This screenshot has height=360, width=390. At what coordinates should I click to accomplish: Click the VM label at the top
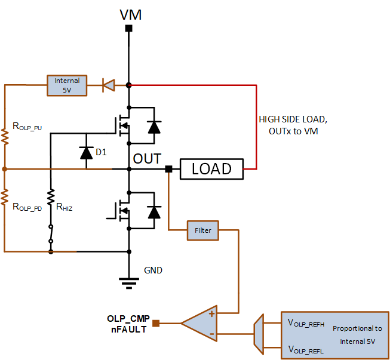(131, 15)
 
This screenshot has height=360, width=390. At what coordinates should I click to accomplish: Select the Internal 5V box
(67, 85)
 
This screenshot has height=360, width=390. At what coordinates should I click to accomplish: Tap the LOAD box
(211, 169)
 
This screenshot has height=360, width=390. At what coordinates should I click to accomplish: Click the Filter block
(202, 230)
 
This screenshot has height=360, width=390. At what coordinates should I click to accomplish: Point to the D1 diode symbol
(87, 153)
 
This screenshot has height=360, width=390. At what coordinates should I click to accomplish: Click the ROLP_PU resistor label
(27, 127)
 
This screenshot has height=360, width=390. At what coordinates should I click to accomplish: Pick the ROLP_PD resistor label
(27, 207)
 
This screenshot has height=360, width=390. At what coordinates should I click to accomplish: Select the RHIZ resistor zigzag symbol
(51, 197)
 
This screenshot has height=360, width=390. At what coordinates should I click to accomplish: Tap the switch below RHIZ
(51, 233)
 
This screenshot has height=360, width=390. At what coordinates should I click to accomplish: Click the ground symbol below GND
(129, 283)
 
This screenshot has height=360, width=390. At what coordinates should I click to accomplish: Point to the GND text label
(153, 270)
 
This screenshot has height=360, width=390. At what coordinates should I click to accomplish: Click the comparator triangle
(199, 323)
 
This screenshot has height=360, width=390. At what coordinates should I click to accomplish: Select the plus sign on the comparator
(211, 314)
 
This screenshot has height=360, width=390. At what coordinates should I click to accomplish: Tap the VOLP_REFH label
(306, 323)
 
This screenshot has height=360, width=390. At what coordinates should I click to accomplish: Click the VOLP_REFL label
(306, 350)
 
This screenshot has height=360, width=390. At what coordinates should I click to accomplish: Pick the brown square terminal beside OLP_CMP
(156, 323)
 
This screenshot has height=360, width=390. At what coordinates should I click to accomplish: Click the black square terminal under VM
(128, 28)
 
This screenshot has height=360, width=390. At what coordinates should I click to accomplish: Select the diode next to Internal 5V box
(109, 85)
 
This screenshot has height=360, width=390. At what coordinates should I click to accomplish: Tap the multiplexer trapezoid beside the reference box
(259, 334)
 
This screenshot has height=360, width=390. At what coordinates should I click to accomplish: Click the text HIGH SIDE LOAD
(293, 119)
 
